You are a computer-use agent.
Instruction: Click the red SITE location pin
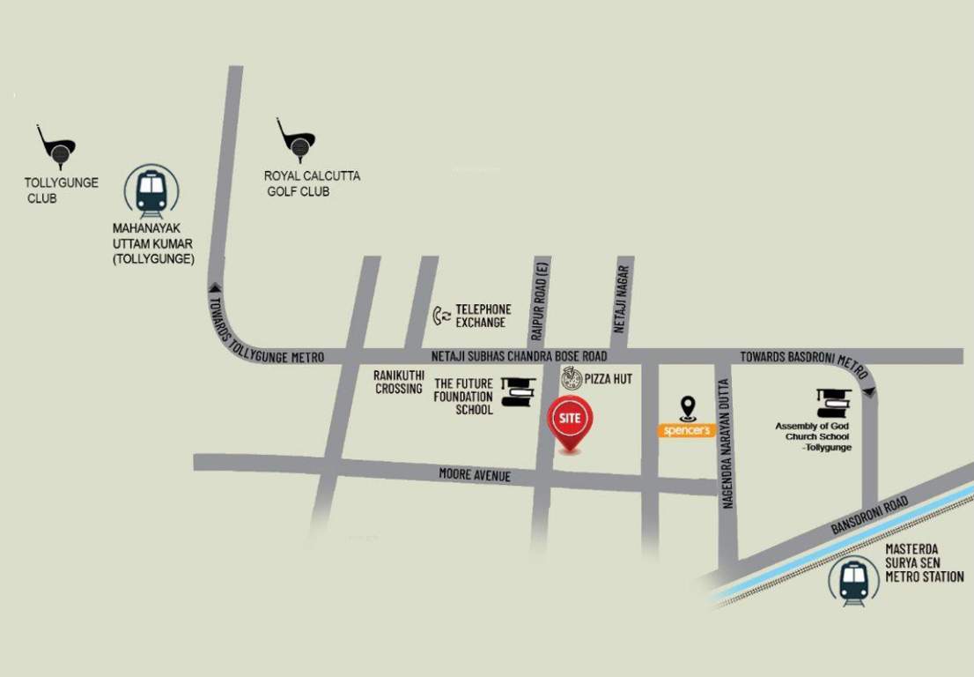coord(570,421)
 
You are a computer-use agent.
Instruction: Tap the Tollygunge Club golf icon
coord(56,147)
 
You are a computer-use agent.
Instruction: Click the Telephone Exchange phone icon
coord(441,316)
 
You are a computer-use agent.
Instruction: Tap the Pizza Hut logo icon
coord(572,379)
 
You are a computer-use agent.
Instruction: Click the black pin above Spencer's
coord(688,408)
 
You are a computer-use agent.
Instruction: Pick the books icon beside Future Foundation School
coord(518,392)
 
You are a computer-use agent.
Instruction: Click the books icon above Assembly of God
coord(833,403)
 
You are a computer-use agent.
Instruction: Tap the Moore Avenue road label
coord(475,476)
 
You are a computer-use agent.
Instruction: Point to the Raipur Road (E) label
coord(539,301)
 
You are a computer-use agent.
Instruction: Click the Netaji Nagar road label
coord(621,299)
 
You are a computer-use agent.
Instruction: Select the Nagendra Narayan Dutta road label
coord(727,444)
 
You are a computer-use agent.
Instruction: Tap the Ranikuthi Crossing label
coord(399,382)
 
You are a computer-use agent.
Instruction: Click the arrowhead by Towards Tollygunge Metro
coord(214,286)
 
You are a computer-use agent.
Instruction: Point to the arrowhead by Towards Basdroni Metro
coord(870,391)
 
